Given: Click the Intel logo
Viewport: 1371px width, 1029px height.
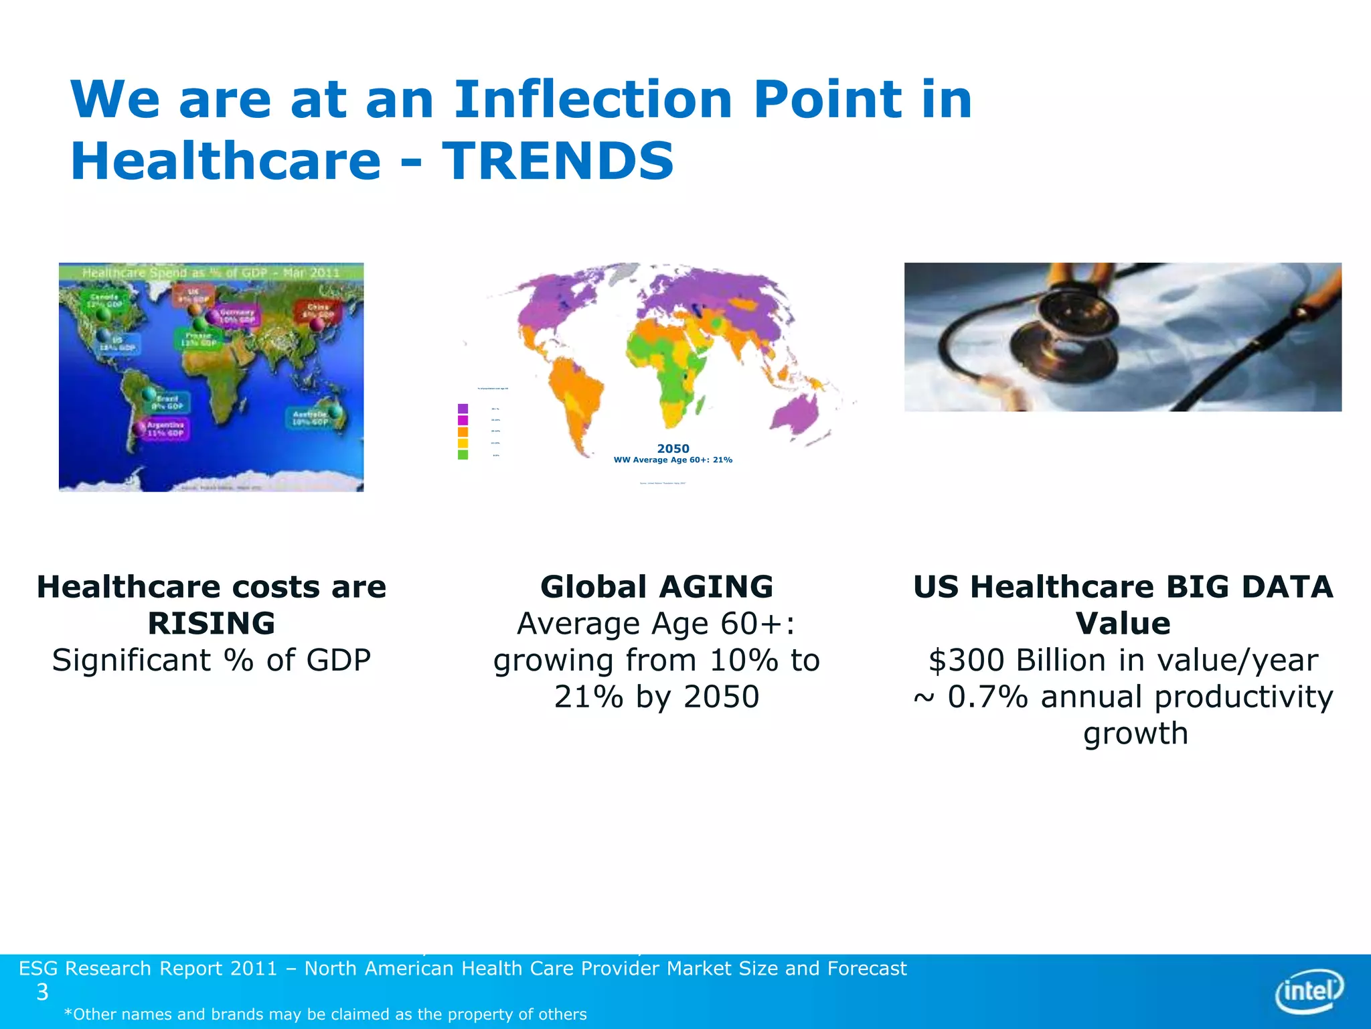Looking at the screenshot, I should pyautogui.click(x=1309, y=990).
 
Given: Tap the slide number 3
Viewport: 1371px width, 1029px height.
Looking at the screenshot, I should pyautogui.click(x=42, y=992).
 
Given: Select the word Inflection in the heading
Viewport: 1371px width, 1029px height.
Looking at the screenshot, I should pyautogui.click(x=593, y=99).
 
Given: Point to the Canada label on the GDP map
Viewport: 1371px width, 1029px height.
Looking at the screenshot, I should pyautogui.click(x=104, y=301).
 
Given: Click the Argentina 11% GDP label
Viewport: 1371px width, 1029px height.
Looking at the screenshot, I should pyautogui.click(x=165, y=429).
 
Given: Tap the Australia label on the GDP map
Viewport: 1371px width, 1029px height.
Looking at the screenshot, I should pyautogui.click(x=309, y=418).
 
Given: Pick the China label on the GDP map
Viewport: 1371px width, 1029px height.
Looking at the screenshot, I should pyautogui.click(x=319, y=311).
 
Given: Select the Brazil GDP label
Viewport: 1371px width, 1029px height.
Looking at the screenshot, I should pyautogui.click(x=167, y=402).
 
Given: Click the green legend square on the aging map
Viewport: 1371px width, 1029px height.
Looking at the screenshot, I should pyautogui.click(x=463, y=455).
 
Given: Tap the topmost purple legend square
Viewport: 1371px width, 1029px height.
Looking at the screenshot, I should pyautogui.click(x=463, y=408).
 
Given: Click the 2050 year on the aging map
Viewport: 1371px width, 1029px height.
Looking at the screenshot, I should pyautogui.click(x=673, y=448).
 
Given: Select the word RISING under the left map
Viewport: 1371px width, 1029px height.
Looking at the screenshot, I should pyautogui.click(x=211, y=624).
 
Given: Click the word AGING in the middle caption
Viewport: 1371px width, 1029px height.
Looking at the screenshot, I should pyautogui.click(x=716, y=587).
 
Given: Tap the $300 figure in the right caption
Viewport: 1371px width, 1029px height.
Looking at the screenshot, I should pyautogui.click(x=968, y=661).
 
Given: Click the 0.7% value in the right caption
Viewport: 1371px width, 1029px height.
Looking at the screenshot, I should pyautogui.click(x=987, y=697).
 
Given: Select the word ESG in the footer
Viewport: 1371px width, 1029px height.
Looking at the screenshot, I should pyautogui.click(x=38, y=969).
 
